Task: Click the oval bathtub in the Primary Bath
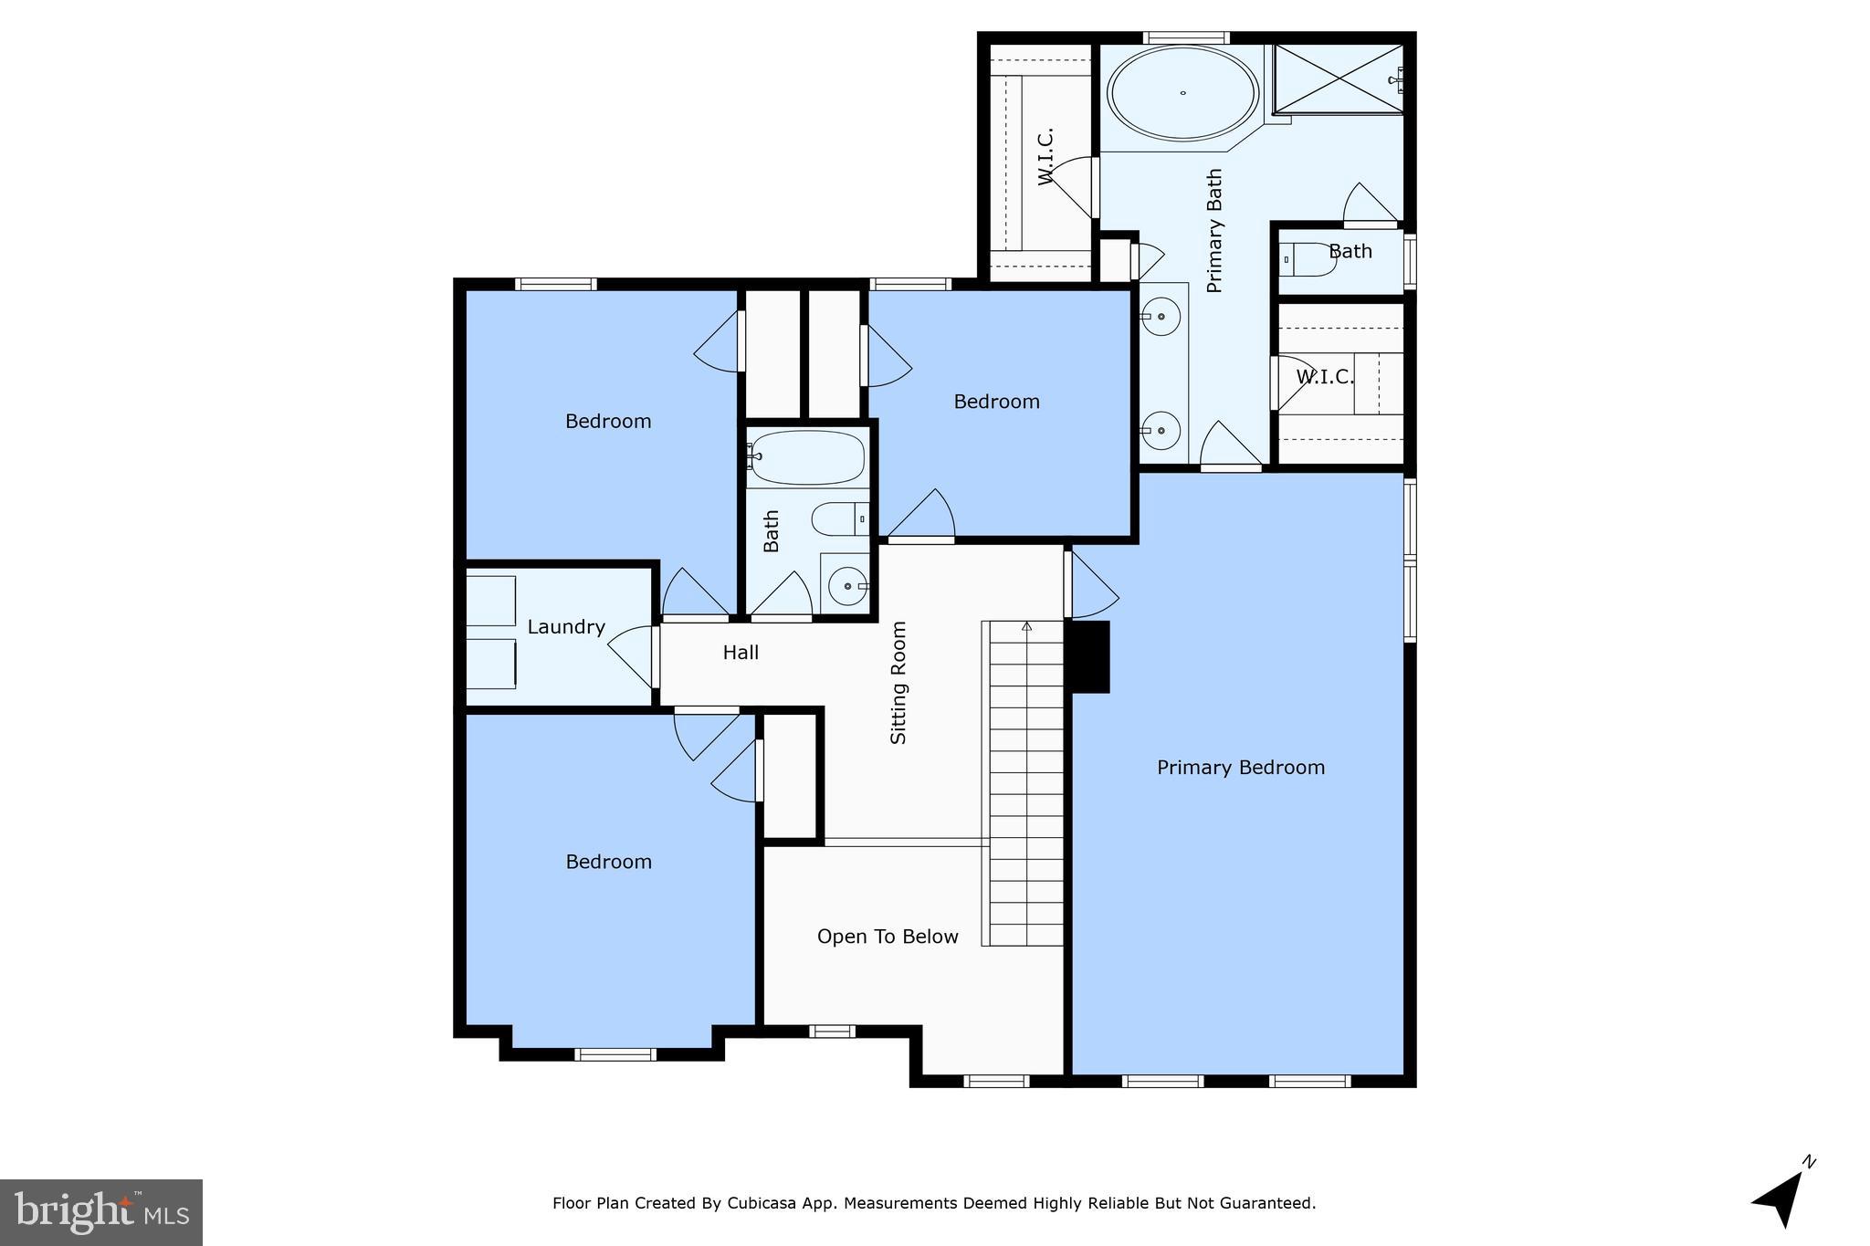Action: [1182, 92]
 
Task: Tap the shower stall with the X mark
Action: [1338, 79]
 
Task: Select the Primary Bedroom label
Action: [1240, 768]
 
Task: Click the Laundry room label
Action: [566, 627]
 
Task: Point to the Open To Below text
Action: [887, 937]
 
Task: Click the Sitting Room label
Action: [898, 683]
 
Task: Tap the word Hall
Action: [741, 653]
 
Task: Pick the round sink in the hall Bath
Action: [847, 586]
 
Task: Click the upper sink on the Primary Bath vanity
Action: [1161, 317]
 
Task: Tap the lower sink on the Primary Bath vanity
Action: [1161, 429]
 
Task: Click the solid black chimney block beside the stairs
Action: [1089, 656]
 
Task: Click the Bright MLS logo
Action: [100, 1212]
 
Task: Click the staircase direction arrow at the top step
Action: [1026, 627]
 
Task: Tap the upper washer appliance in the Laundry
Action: [491, 601]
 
